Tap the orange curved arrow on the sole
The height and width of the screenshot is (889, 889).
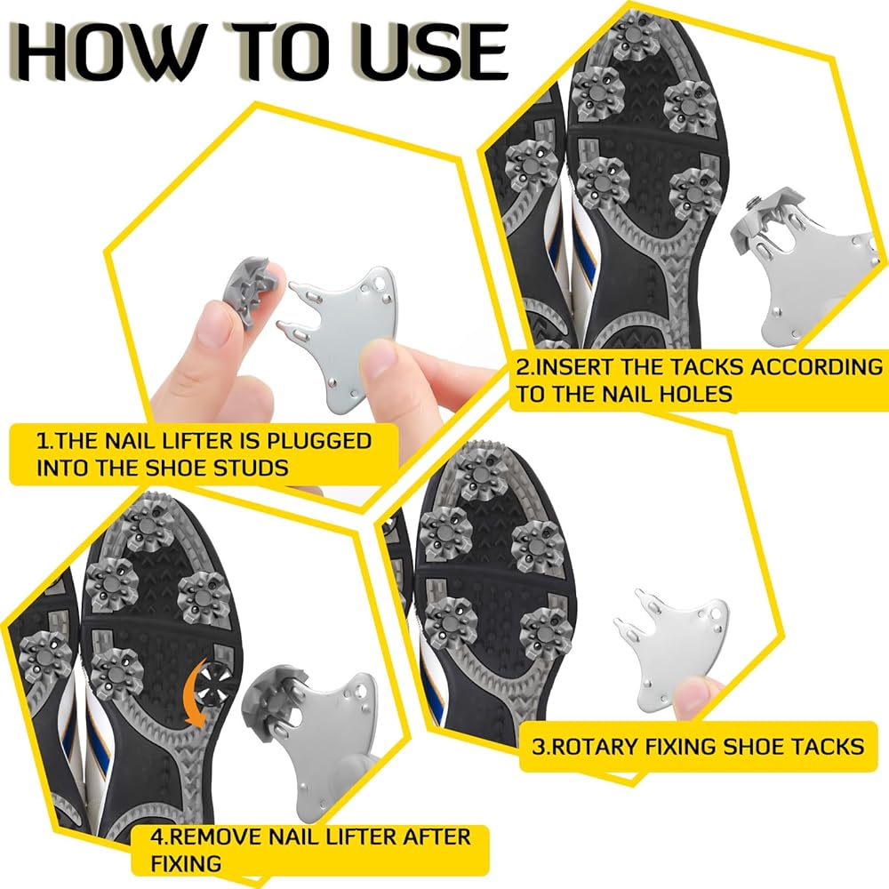pyautogui.click(x=196, y=693)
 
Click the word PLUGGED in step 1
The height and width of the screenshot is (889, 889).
pyautogui.click(x=318, y=441)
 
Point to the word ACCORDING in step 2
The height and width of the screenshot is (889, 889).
pyautogui.click(x=816, y=367)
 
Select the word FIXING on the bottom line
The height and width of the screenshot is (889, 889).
pyautogui.click(x=186, y=864)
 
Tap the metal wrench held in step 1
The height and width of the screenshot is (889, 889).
pyautogui.click(x=340, y=334)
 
